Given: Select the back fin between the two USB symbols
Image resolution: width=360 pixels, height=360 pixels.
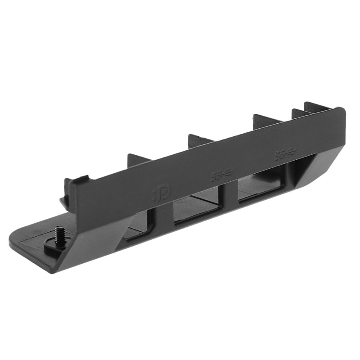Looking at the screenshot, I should click(x=265, y=121).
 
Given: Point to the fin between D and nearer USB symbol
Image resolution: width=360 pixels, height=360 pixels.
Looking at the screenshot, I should click(x=201, y=139).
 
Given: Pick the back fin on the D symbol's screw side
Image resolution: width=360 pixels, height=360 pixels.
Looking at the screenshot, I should click(x=139, y=159).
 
